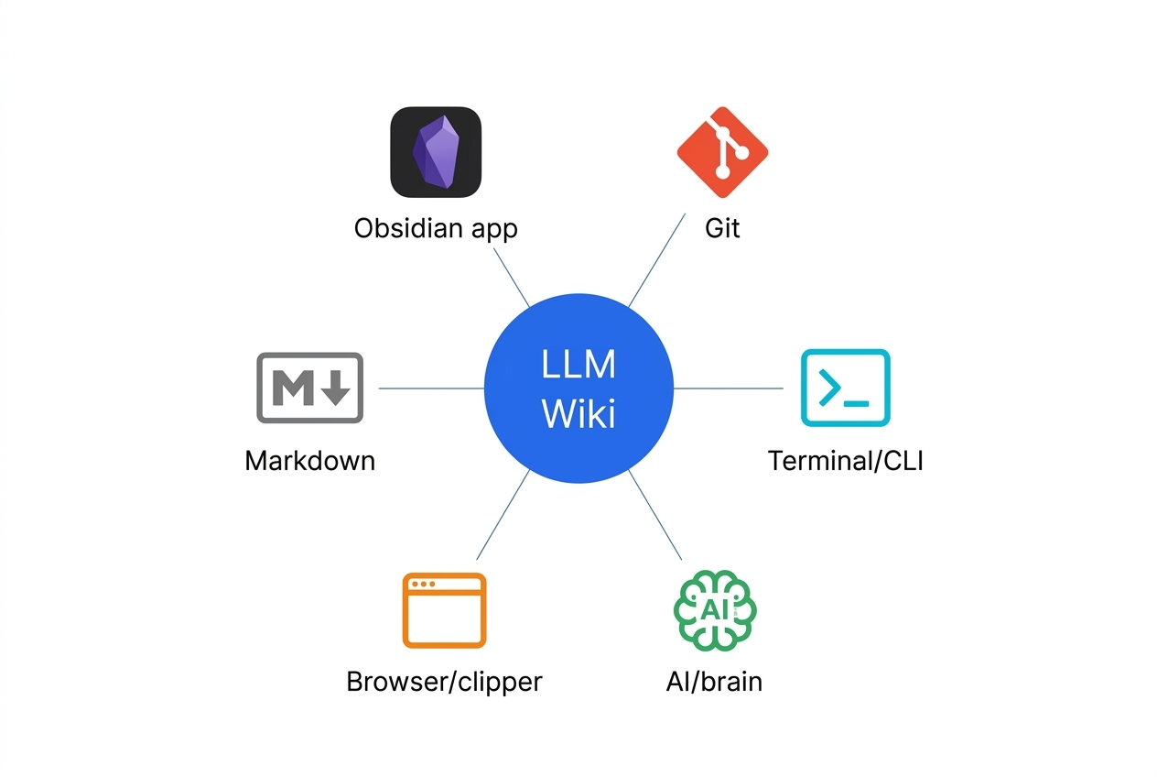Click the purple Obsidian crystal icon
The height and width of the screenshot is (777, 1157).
(x=436, y=152)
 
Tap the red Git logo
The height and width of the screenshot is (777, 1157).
(x=722, y=152)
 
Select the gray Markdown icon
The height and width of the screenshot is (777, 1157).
(x=309, y=388)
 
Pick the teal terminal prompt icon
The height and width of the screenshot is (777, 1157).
(x=845, y=388)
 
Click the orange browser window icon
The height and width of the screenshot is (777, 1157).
(x=444, y=610)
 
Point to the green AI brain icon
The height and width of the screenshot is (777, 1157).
(x=715, y=610)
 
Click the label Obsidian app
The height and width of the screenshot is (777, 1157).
(x=436, y=228)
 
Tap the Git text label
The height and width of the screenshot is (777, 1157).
(x=722, y=228)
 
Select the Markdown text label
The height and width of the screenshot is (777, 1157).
(x=309, y=460)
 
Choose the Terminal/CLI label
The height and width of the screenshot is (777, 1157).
(x=845, y=460)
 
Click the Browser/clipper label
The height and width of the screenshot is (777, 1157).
(x=444, y=682)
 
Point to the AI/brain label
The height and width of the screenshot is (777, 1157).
(x=714, y=682)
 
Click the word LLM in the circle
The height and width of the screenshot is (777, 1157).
(x=578, y=365)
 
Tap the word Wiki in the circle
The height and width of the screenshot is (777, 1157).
(x=578, y=413)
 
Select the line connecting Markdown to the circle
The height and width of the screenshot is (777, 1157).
(x=430, y=388)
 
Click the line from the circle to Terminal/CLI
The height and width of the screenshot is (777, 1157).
(x=728, y=388)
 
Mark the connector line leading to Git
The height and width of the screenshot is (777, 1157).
(x=657, y=260)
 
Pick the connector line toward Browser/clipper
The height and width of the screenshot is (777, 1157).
(x=503, y=515)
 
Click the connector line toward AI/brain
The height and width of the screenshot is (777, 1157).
(x=655, y=515)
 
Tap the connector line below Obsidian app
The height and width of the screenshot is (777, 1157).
(x=512, y=277)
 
